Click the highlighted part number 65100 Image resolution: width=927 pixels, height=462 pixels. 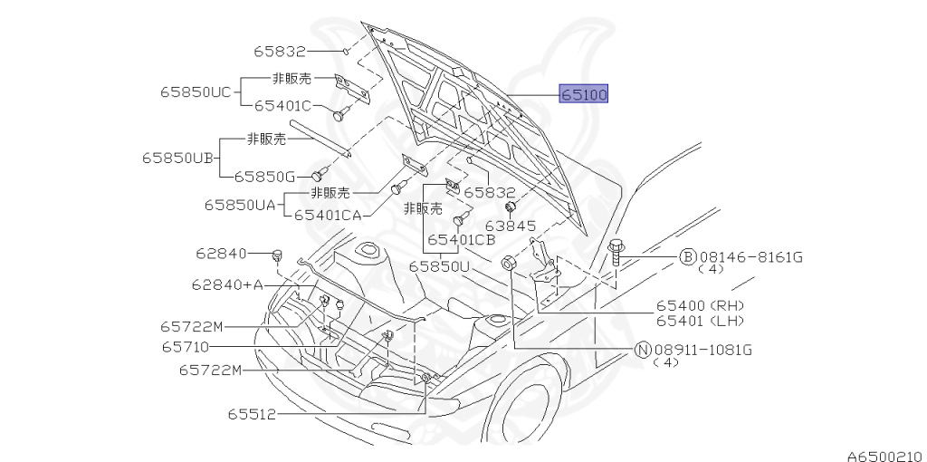[584, 94]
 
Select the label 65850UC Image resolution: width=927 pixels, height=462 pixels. [196, 91]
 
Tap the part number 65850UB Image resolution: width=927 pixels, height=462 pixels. [177, 158]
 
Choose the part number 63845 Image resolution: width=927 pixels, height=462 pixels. [511, 226]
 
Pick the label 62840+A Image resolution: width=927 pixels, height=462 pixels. [226, 284]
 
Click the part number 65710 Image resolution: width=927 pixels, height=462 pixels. [186, 347]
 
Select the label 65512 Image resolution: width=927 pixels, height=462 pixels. [251, 414]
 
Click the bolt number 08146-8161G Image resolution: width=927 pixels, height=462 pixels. [750, 257]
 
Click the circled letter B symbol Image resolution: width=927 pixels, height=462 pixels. [687, 257]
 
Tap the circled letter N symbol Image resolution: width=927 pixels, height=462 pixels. [642, 351]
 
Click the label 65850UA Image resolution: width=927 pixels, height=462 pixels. [239, 206]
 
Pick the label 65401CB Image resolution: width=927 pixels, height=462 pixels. [461, 240]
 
